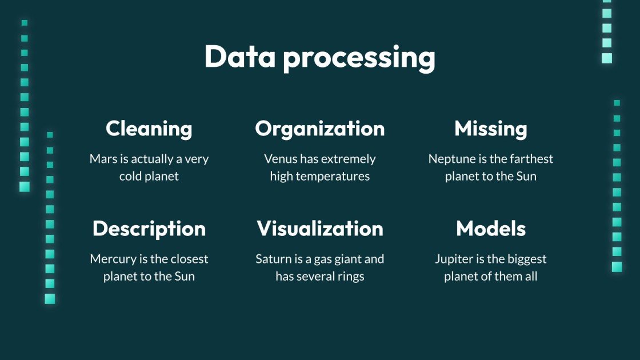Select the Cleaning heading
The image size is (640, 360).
tap(149, 129)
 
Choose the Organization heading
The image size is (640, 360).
tap(320, 129)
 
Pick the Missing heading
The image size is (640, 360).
tap(491, 129)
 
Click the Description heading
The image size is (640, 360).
tap(149, 229)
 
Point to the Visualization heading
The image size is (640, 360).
tap(320, 229)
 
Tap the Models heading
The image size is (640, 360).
tap(491, 229)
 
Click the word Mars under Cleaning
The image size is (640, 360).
tap(102, 159)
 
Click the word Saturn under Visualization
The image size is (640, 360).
tap(273, 259)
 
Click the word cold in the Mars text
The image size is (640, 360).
tap(129, 176)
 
